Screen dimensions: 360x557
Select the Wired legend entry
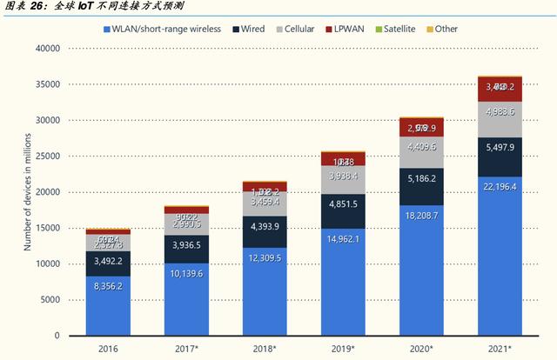point(248,30)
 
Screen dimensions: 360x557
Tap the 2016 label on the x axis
point(108,350)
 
